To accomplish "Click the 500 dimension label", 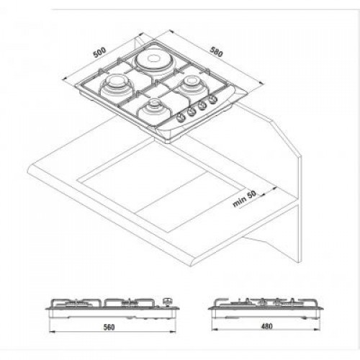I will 100,51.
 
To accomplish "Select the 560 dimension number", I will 109,327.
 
